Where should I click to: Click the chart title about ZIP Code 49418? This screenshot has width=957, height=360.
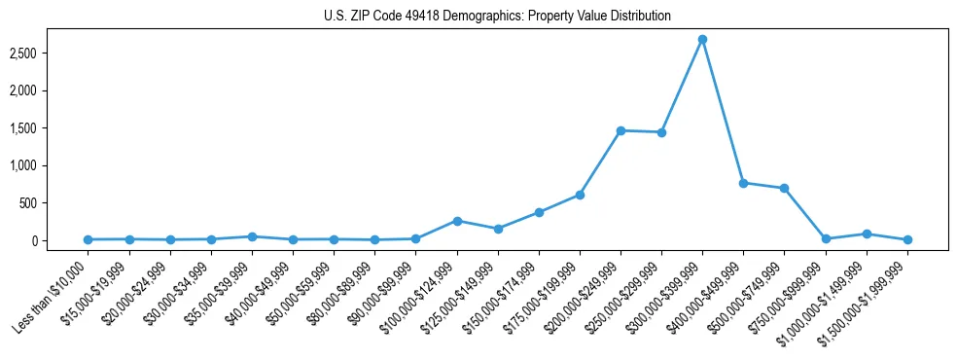(497, 17)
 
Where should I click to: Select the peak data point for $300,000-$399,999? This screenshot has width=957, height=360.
(702, 40)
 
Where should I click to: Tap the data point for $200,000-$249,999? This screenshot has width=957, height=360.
(620, 130)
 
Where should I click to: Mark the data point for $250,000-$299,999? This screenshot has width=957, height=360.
(661, 132)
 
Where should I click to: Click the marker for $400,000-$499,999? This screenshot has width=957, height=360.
(743, 183)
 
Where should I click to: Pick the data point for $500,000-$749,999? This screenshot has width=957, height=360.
(784, 188)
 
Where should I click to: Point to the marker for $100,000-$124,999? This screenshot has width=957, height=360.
(457, 221)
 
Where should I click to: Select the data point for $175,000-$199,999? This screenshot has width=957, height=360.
(580, 195)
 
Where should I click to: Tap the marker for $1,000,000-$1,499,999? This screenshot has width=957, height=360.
(866, 234)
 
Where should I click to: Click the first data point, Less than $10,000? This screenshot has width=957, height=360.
(89, 239)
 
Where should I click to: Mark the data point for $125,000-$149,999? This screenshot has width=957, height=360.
(498, 229)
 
